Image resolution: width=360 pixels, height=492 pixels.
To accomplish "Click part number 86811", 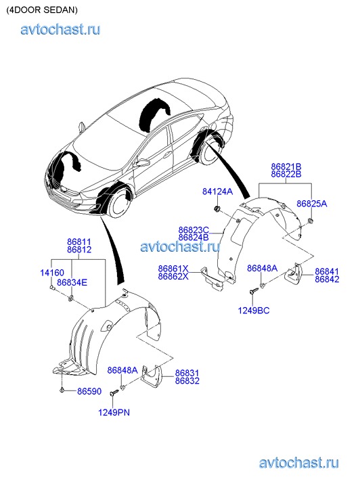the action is pos(78,242).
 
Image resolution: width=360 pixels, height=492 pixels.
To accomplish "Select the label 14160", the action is pos(52,272).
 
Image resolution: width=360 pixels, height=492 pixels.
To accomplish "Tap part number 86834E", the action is pos(72,282).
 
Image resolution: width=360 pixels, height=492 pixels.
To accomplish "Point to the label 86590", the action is pos(89,391).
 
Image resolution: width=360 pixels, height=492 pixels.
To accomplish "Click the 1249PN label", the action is pos(114,412).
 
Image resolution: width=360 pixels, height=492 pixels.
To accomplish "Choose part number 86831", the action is pos(187,373).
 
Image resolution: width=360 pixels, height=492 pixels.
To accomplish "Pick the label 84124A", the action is pos(217,192).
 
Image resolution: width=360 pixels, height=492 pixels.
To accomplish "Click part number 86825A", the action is pos(312,204).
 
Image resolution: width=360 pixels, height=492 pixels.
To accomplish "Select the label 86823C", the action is pos(194,230).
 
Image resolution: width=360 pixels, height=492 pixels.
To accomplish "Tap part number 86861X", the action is pos(173,269).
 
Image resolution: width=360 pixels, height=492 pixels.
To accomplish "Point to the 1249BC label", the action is pos(254,311).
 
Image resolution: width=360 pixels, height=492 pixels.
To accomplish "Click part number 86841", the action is pos(327,271).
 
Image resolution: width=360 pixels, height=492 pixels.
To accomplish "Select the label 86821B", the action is pos(286,166).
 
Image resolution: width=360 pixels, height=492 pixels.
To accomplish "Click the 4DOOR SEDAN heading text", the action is pos(42,10).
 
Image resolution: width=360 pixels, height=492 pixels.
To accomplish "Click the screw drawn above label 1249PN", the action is pos(114,393).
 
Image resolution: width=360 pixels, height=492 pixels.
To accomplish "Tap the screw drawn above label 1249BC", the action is pos(254,292).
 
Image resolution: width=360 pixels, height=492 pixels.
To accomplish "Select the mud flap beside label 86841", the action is pos(294,272).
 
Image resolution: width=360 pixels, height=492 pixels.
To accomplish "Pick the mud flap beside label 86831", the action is pos(152,375).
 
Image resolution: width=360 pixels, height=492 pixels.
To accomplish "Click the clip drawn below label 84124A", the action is pos(217,208).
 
